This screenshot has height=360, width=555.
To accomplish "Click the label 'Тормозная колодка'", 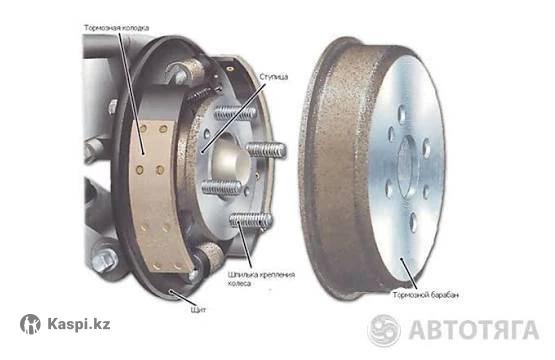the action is point(116,28).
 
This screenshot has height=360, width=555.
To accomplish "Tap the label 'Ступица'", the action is point(274,77).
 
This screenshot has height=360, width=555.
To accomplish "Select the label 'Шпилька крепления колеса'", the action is point(262,279).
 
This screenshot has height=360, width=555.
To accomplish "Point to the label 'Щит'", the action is point(198,310).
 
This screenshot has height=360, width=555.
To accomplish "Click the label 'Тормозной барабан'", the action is point(425,295).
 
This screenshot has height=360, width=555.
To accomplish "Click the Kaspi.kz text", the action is point(79,324).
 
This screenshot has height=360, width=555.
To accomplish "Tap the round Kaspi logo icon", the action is point(30,324).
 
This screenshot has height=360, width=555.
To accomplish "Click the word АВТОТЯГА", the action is point(474,330).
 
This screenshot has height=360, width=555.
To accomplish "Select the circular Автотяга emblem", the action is point(384,330).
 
